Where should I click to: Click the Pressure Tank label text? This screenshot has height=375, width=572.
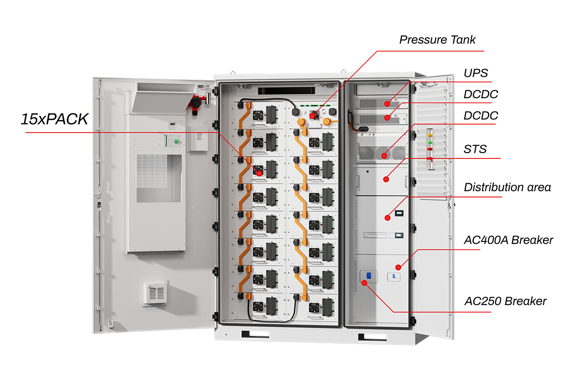point(437,40)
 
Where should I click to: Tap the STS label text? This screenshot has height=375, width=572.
point(475,149)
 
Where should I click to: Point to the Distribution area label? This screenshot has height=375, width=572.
point(507,187)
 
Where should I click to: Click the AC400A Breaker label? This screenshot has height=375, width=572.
point(508,240)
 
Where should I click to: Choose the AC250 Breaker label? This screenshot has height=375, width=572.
point(505,302)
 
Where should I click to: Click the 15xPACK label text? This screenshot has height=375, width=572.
point(54,119)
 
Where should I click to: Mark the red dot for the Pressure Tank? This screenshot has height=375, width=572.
point(313,116)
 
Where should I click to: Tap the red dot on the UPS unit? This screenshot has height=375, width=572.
point(389,103)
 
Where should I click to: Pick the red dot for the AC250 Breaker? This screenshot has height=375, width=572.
point(364,283)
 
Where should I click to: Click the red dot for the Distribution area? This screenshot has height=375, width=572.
point(388,218)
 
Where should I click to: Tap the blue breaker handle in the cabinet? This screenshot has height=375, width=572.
point(368,275)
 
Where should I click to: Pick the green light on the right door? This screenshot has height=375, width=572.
point(430,142)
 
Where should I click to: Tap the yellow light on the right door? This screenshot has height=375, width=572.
point(430,135)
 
